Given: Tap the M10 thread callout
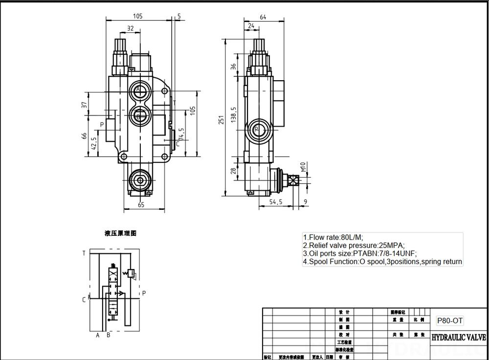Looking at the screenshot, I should pyautogui.click(x=303, y=169).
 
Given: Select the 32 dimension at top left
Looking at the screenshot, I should pyautogui.click(x=130, y=29).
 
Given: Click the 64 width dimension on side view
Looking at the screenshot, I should pyautogui.click(x=263, y=17).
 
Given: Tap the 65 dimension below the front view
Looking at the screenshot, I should pyautogui.click(x=141, y=205).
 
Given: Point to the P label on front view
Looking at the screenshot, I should pyautogui.click(x=102, y=125).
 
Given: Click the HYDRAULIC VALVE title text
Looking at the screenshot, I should pyautogui.click(x=458, y=337).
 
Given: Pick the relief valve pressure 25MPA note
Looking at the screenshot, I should pyautogui.click(x=354, y=245).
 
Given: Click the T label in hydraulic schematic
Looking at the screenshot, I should pyautogui.click(x=84, y=253).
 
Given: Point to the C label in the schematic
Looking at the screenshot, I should pyautogui.click(x=84, y=299).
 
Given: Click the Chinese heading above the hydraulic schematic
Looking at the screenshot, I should pyautogui.click(x=120, y=234).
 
